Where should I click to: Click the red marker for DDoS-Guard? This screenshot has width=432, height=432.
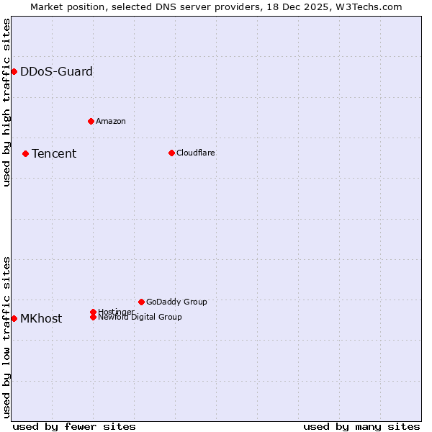point(14,71)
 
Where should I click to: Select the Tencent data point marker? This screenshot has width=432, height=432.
point(25,153)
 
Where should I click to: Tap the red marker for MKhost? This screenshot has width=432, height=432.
point(14,318)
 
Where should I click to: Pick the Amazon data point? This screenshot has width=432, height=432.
point(91,121)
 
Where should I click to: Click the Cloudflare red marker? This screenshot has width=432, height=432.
point(171,153)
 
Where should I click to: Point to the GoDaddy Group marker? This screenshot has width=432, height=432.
point(141,302)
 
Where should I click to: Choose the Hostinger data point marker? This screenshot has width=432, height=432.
point(93,312)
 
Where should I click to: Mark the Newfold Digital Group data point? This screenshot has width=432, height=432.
point(94,318)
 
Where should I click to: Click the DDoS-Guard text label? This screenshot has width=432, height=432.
point(56,71)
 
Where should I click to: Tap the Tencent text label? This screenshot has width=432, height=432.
point(54,153)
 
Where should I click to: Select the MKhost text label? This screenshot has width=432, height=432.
point(41,318)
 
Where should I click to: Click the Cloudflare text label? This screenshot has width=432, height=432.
point(196,153)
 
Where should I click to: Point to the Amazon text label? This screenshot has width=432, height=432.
point(111,121)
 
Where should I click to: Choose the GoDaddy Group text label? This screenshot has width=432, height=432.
point(176,302)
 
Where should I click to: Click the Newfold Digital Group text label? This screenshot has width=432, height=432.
point(140,318)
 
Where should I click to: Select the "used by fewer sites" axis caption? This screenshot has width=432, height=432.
point(73,426)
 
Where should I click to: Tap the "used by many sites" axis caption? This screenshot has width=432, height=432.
point(361,426)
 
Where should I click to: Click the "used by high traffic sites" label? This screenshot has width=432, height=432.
point(6,102)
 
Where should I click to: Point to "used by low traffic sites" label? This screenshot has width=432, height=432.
point(6,337)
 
